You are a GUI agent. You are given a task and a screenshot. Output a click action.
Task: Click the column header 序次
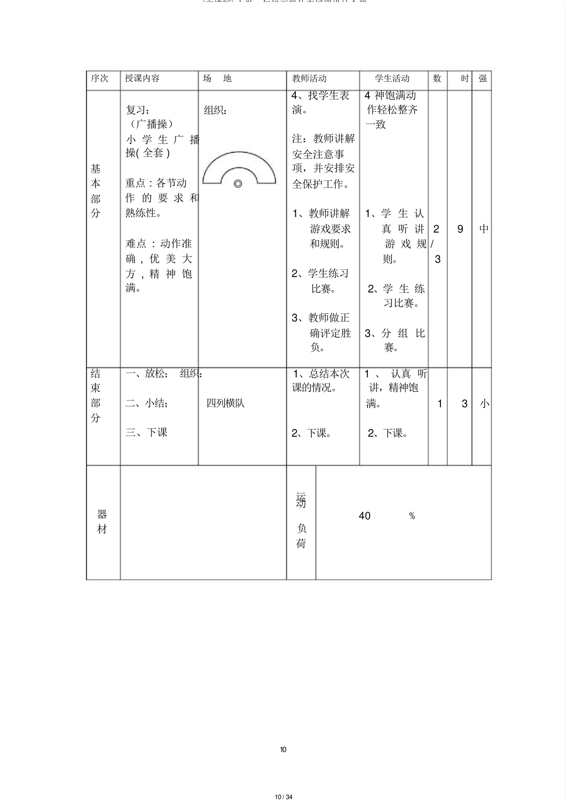[99, 79]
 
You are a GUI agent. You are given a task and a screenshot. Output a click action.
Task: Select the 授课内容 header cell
[142, 79]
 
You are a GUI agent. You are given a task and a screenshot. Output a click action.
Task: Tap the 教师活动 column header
[309, 79]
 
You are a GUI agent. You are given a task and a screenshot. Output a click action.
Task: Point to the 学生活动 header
[392, 79]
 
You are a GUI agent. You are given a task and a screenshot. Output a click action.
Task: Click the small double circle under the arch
[238, 184]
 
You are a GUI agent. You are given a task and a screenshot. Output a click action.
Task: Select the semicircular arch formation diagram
[239, 167]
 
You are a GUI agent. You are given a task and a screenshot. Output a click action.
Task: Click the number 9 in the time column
[460, 229]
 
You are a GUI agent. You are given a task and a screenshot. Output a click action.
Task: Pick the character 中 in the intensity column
[484, 229]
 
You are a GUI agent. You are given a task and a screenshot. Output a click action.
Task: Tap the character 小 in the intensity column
[484, 404]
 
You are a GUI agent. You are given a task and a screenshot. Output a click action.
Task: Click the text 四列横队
[226, 403]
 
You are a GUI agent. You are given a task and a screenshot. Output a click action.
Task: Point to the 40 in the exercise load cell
[364, 516]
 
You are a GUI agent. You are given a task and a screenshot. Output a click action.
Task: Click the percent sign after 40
[412, 516]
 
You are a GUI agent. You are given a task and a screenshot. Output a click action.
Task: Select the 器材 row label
[102, 522]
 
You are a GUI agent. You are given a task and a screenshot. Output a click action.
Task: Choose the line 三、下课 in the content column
[146, 432]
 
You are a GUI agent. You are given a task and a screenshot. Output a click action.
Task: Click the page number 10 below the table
[283, 749]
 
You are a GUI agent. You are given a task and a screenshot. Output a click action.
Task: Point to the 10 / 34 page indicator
[283, 793]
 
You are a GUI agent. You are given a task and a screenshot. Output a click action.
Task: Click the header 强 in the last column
[482, 79]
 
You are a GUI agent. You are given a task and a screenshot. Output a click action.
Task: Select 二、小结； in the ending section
[146, 403]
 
